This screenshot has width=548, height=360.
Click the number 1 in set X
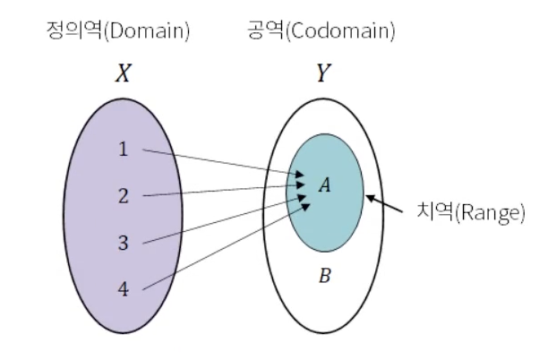coord(124,150)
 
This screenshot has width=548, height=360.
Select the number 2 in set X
coord(124,196)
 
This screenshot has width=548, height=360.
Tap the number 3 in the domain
coord(124,243)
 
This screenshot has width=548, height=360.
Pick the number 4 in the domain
coord(124,289)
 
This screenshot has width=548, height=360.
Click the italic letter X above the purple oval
coord(124,73)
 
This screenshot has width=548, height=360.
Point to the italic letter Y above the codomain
coord(323,73)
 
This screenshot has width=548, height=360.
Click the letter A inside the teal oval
coord(325,184)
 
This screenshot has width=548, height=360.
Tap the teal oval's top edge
coord(325,134)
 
